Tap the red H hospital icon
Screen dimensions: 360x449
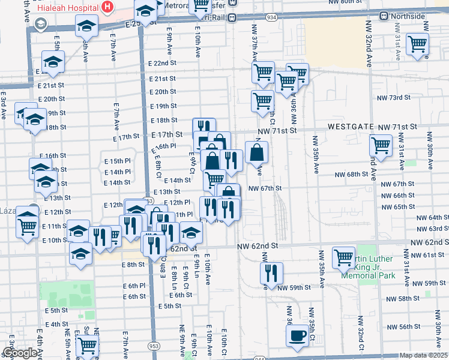(x=107, y=7)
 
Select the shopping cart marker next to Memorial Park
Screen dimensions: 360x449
(x=343, y=257)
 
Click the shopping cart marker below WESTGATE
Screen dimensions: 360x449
(x=381, y=145)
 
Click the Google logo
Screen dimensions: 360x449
(x=20, y=353)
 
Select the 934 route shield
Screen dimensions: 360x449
(x=272, y=19)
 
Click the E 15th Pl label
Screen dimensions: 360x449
(x=116, y=161)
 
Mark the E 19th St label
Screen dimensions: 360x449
(x=163, y=106)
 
